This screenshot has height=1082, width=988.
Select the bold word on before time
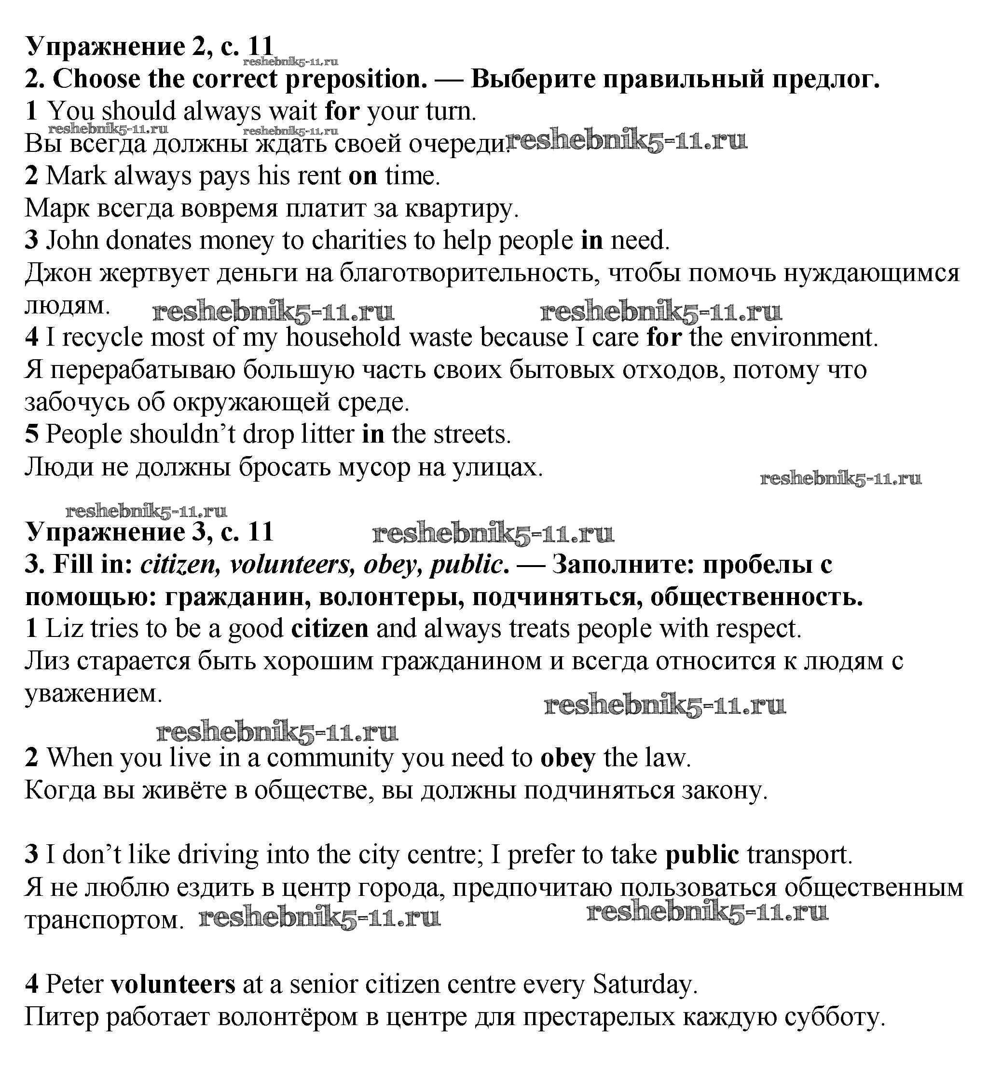click(362, 176)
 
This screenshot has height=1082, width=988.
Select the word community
click(330, 758)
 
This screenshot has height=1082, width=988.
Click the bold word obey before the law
click(567, 758)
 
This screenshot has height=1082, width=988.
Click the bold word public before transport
click(702, 855)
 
